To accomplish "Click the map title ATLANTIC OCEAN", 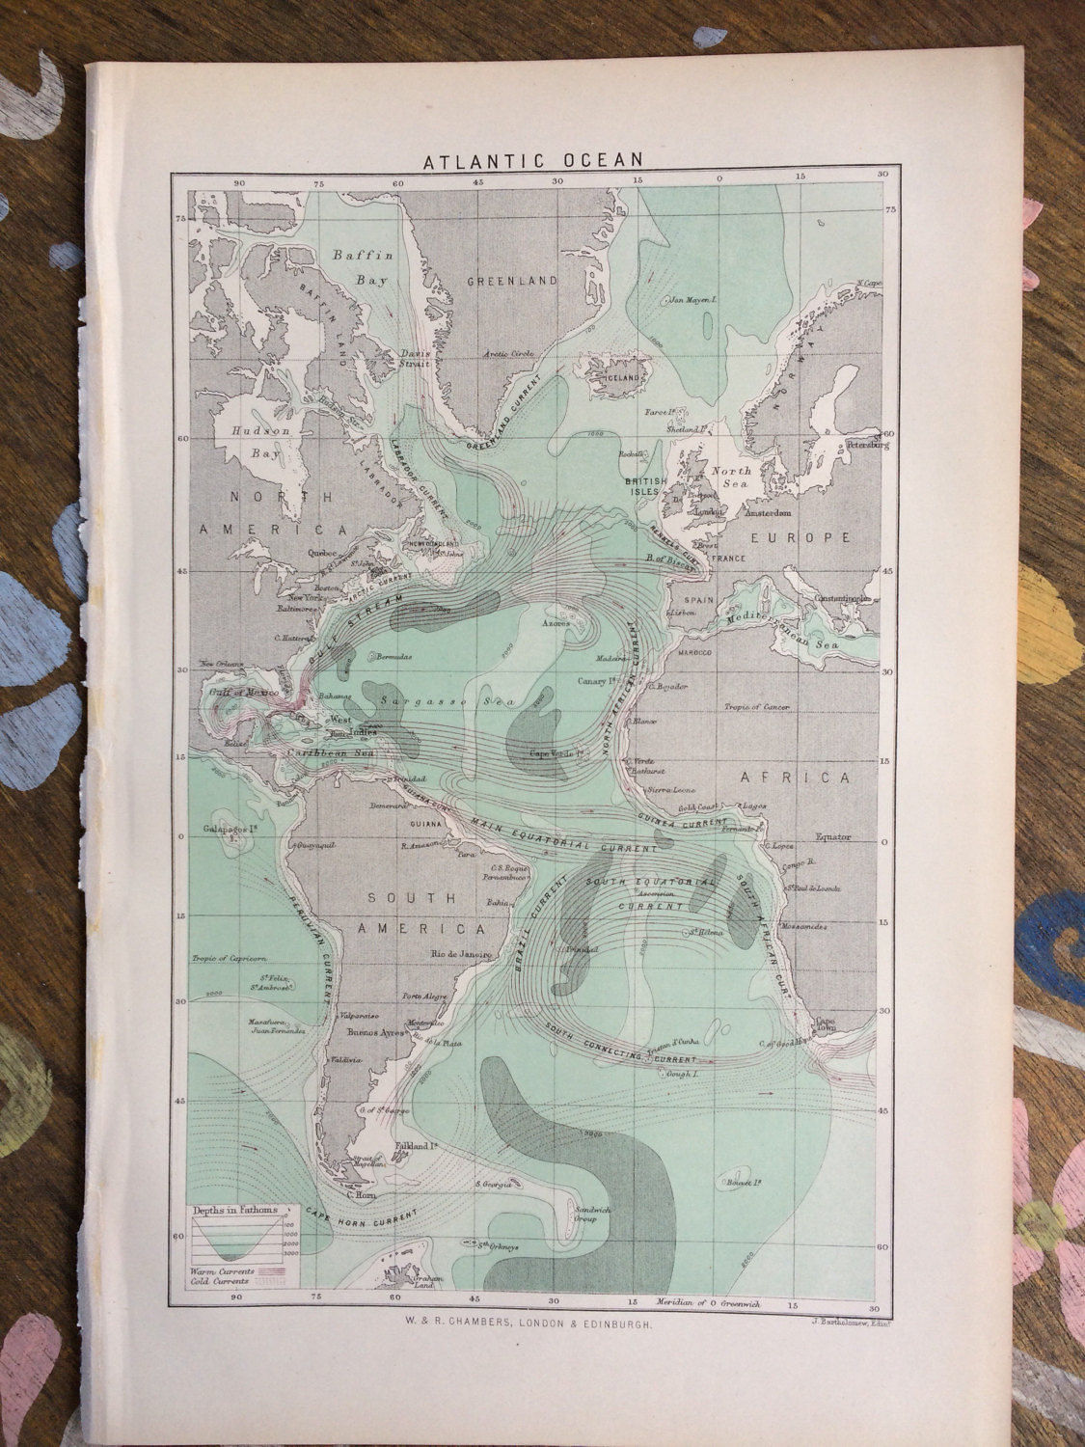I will (533, 160).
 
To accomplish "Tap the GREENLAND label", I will (512, 281).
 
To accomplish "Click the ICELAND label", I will (623, 378).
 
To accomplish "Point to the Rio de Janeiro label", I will (462, 953).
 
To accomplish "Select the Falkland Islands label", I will (417, 1146).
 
